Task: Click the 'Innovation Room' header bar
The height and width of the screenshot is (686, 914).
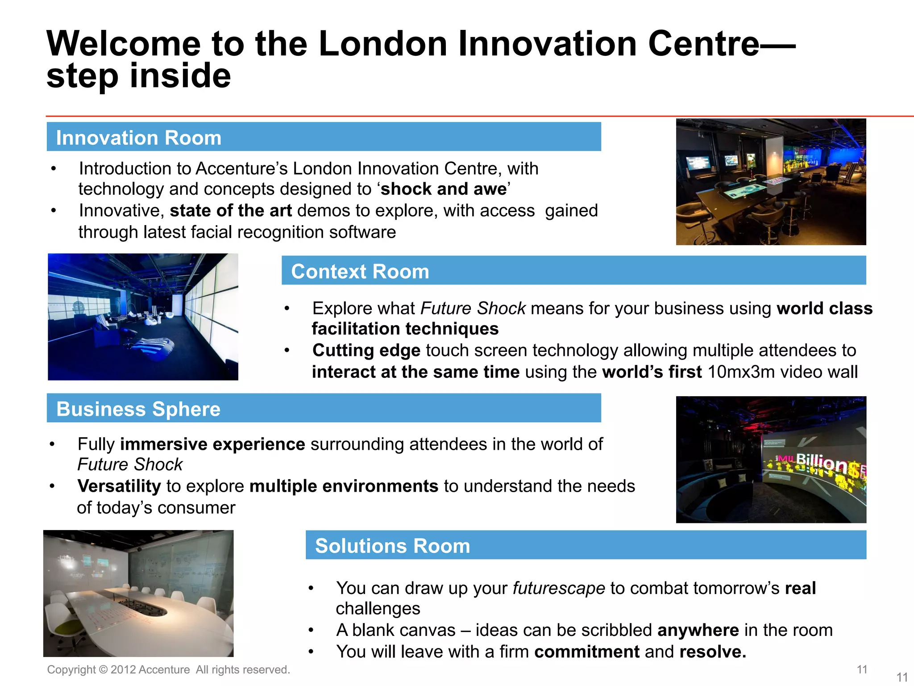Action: (x=324, y=137)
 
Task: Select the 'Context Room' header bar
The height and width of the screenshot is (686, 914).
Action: (x=573, y=270)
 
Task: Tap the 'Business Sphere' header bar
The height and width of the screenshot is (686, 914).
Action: (x=324, y=408)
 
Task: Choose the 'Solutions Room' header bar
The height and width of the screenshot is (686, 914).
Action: (x=586, y=545)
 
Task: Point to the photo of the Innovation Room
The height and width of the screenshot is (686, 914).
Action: (x=771, y=182)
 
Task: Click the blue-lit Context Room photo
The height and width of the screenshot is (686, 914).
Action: (x=143, y=317)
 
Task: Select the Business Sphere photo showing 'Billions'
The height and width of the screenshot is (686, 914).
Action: (x=771, y=460)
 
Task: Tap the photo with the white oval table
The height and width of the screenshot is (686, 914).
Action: (x=138, y=593)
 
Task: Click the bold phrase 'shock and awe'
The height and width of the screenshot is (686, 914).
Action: (x=444, y=189)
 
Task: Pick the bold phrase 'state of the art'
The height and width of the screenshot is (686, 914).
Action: (x=231, y=211)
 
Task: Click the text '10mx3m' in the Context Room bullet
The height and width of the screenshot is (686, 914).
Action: (x=741, y=372)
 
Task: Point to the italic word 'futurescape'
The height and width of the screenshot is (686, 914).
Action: (x=559, y=588)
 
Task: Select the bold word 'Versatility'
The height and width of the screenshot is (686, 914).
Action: (x=119, y=486)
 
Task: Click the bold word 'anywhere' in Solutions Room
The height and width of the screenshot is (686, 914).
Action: (x=698, y=630)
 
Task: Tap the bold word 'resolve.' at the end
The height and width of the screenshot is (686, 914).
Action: (x=713, y=652)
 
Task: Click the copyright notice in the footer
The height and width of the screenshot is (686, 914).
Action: (x=169, y=669)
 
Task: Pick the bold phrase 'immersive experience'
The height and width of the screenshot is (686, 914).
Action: (x=212, y=444)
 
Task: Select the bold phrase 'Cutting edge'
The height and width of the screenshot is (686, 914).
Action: (x=366, y=351)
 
